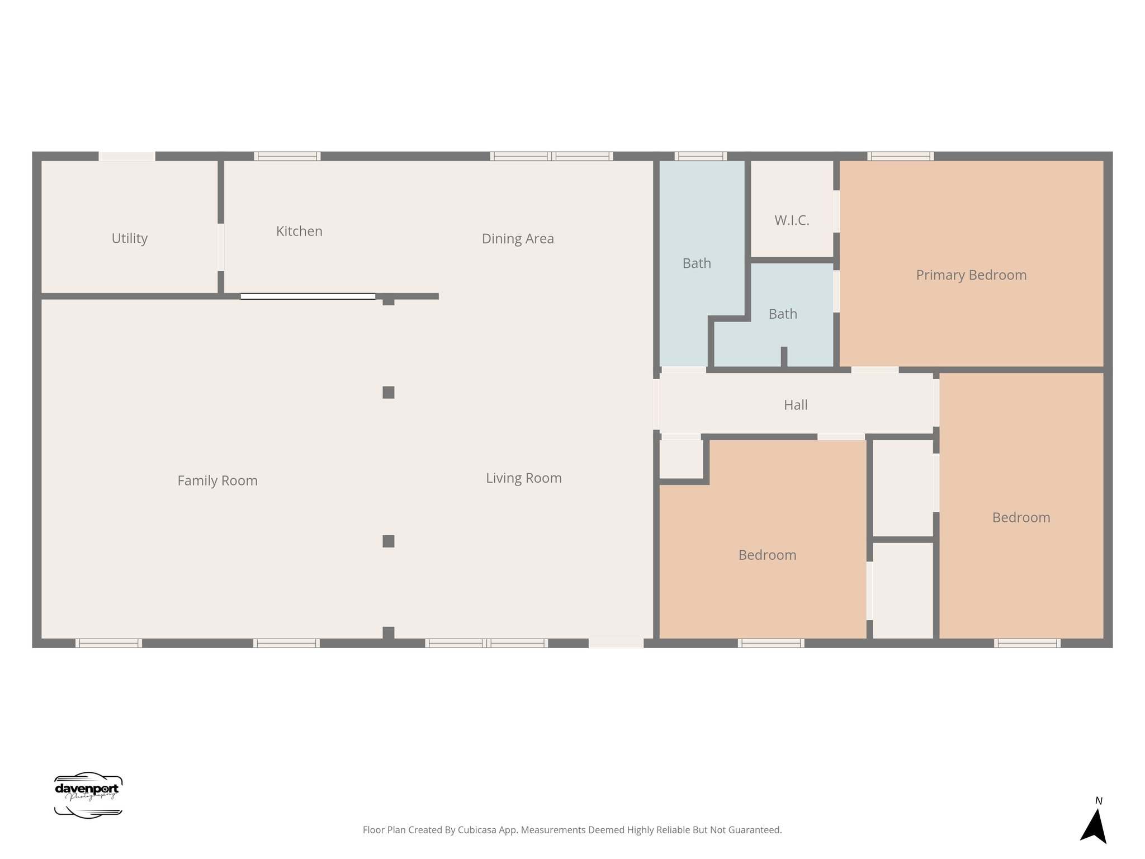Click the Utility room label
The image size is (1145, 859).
[x=129, y=238]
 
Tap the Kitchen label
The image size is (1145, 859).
[x=299, y=231]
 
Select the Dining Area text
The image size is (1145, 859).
[x=518, y=239]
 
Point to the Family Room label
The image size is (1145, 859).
[x=217, y=480]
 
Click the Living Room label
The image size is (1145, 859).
[x=523, y=478]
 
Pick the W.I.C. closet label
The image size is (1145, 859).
[x=792, y=220]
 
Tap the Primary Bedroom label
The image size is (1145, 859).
[x=971, y=275]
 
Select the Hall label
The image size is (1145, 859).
[x=795, y=405]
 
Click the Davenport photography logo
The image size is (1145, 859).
[x=88, y=795]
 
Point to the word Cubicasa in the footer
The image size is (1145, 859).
[x=477, y=830]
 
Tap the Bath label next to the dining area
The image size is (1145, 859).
[x=697, y=263]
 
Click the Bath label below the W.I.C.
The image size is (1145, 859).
[x=783, y=314]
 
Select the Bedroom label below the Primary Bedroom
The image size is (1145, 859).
[x=1021, y=518]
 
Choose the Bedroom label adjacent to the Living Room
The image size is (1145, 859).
[x=767, y=555]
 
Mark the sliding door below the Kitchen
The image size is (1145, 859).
[x=308, y=296]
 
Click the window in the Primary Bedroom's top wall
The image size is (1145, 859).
[x=900, y=156]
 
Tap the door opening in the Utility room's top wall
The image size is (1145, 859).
[x=127, y=156]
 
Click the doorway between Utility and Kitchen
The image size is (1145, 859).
[x=221, y=247]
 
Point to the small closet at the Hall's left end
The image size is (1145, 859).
[x=681, y=459]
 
